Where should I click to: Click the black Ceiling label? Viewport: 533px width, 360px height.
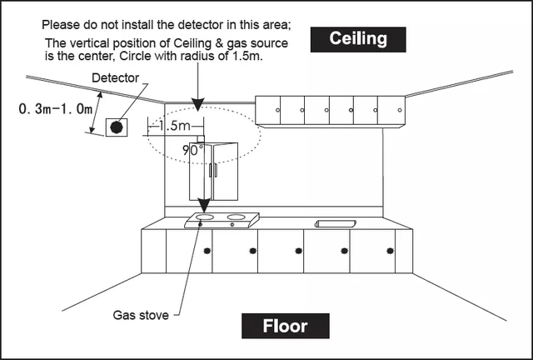coord(357,39)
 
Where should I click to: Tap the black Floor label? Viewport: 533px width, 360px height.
coord(286,326)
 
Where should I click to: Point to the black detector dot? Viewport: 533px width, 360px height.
coord(117,127)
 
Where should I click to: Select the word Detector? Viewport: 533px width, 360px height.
coord(115,77)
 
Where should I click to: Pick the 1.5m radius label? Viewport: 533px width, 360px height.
coord(175,126)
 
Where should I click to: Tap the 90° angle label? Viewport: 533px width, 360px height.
coord(193,151)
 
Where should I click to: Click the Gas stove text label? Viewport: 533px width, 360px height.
coord(140,315)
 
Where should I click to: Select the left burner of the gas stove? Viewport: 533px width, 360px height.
coord(202,218)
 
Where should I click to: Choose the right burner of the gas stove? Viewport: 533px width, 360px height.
coord(236,218)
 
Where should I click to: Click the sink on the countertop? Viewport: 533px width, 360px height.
coord(335,223)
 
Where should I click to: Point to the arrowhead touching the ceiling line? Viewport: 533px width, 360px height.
coord(197,105)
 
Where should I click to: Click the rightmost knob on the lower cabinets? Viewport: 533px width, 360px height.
coord(390,251)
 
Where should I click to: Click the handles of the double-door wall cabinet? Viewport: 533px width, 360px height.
coord(215,170)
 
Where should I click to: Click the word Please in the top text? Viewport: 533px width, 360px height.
coord(62,25)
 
